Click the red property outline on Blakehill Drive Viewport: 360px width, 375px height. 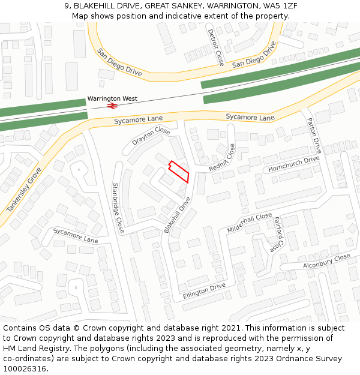tap(179, 172)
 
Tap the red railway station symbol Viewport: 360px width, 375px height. tap(112, 106)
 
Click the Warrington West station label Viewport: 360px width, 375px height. tap(112, 98)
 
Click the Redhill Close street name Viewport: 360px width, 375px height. tap(223, 158)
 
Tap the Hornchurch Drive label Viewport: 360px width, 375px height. tap(294, 164)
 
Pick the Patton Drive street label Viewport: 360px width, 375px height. tap(314, 136)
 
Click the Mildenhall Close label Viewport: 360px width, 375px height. tap(250, 223)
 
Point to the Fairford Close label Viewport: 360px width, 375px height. tap(277, 235)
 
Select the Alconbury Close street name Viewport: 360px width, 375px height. tap(326, 260)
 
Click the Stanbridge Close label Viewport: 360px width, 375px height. tap(118, 208)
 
